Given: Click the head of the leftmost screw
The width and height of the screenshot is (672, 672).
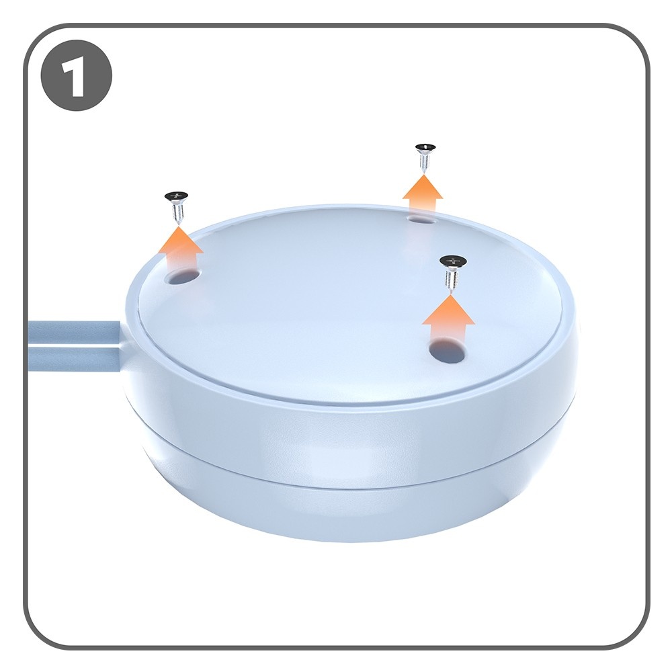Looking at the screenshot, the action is click(176, 196).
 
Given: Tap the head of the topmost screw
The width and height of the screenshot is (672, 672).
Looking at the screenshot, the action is click(425, 148).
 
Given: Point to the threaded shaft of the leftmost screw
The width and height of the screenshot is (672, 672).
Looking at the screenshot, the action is click(177, 212).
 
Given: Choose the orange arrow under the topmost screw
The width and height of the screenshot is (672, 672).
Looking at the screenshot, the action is click(423, 196).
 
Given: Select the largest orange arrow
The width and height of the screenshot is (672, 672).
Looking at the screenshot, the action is click(448, 321).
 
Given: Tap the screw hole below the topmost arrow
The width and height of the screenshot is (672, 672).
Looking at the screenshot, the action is click(422, 219).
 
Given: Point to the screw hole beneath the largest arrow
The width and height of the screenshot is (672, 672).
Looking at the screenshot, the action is click(448, 350).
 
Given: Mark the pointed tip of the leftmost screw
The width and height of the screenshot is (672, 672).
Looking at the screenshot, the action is click(179, 223).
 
